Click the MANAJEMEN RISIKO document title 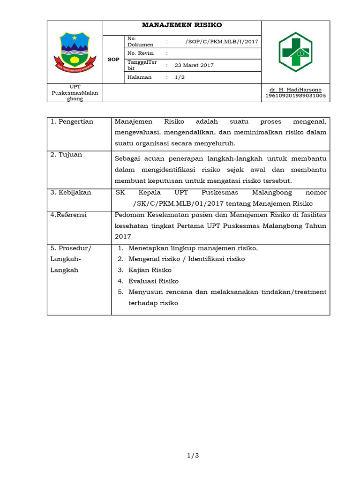pyautogui.click(x=182, y=25)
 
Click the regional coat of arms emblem pyautogui.click(x=75, y=52)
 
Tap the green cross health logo pyautogui.click(x=295, y=52)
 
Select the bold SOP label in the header pyautogui.click(x=113, y=60)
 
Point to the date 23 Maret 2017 pyautogui.click(x=194, y=65)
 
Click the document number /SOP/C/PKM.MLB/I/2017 pyautogui.click(x=222, y=41)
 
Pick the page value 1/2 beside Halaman pyautogui.click(x=180, y=77)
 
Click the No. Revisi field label pyautogui.click(x=141, y=53)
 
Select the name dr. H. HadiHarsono pyautogui.click(x=295, y=90)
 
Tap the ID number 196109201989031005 pyautogui.click(x=295, y=96)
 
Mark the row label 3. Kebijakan pyautogui.click(x=71, y=193)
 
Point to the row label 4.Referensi pyautogui.click(x=68, y=215)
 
